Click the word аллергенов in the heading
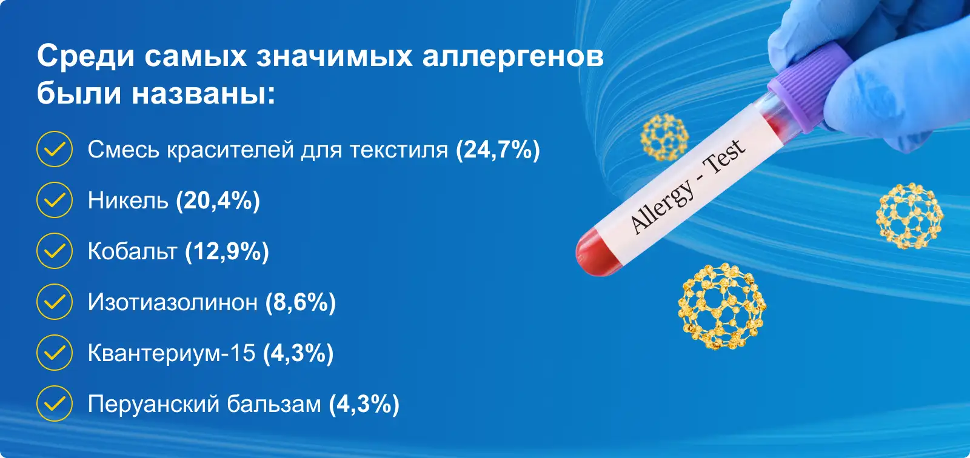click(513, 56)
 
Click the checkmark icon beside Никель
click(55, 200)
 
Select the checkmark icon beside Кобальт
click(55, 251)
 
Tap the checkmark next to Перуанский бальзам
click(55, 403)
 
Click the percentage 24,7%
click(498, 150)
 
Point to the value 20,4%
click(218, 201)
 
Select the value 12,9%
click(227, 251)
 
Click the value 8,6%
click(301, 302)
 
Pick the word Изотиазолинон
click(172, 302)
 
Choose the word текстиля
click(398, 150)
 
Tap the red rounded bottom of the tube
click(595, 253)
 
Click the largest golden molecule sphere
click(722, 307)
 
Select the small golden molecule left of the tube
click(664, 138)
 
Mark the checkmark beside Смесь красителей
click(55, 149)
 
